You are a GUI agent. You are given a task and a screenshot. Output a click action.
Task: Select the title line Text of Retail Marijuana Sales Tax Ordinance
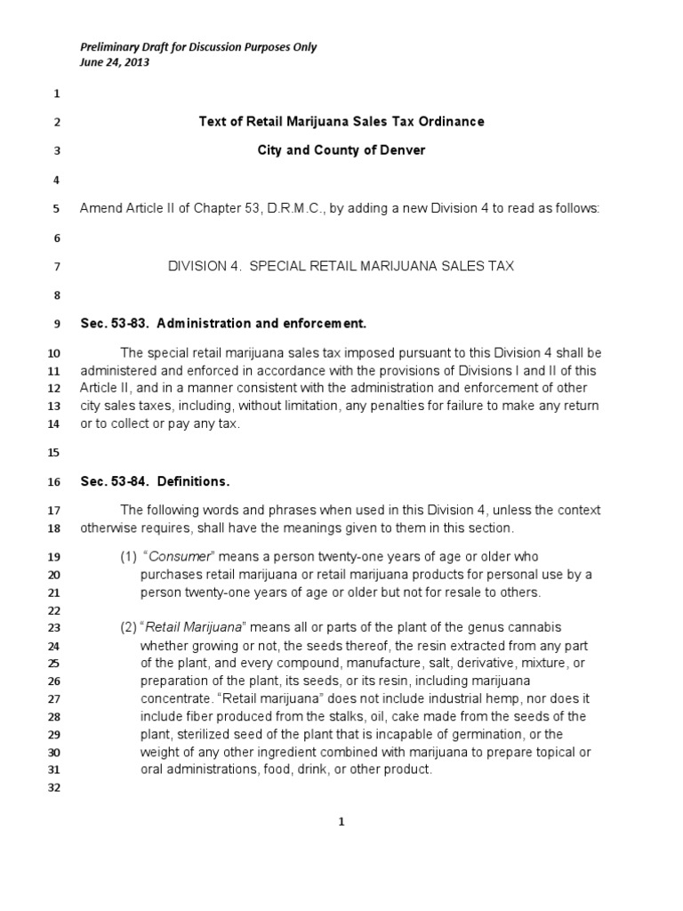(341, 122)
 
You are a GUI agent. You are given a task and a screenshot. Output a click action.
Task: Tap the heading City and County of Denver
(341, 150)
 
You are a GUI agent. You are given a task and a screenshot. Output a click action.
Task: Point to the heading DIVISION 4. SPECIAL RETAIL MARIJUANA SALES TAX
(341, 266)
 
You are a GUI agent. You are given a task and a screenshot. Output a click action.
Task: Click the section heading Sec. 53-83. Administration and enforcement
(223, 323)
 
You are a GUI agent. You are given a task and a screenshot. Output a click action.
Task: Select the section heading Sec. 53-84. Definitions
(155, 481)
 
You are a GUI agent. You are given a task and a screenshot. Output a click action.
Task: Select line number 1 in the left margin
(55, 93)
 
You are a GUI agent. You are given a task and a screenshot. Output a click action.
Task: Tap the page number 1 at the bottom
(341, 823)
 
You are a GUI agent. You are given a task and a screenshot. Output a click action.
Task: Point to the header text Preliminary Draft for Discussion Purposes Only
(198, 47)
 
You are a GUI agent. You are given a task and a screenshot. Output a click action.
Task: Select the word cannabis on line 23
(534, 627)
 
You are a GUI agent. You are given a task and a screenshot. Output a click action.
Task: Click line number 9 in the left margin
(55, 324)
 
